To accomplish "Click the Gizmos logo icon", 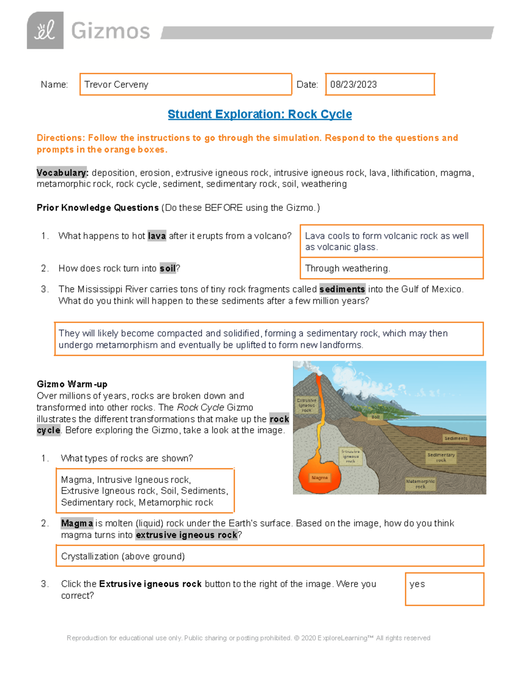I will tap(45, 30).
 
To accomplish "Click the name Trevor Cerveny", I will tap(116, 85).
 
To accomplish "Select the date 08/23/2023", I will tap(353, 85).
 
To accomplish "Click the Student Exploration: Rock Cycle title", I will tap(260, 114).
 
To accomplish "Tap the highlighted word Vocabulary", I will tap(62, 173).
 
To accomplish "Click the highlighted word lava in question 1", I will tap(156, 236).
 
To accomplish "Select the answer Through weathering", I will tap(348, 268).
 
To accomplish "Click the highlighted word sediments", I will tap(342, 289).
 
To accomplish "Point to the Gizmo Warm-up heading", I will tap(72, 384).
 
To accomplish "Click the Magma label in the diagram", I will tap(319, 477).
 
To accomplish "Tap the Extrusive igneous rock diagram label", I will tap(306, 405).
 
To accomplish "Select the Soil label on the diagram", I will tap(375, 417).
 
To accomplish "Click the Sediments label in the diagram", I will tap(455, 438).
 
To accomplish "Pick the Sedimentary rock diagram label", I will tap(441, 457).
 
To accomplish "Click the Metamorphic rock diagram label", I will tap(420, 484).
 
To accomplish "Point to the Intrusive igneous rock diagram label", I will tap(351, 456).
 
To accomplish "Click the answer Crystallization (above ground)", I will tap(123, 556).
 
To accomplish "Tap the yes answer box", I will tap(444, 589).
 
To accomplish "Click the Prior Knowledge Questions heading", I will tap(97, 208).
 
